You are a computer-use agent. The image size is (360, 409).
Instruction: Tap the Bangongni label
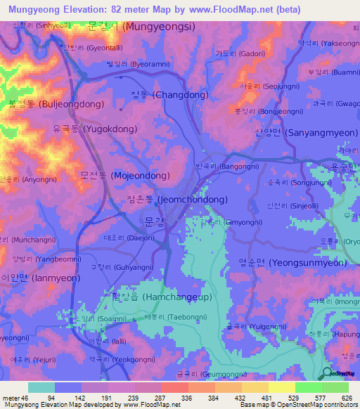[226, 167]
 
